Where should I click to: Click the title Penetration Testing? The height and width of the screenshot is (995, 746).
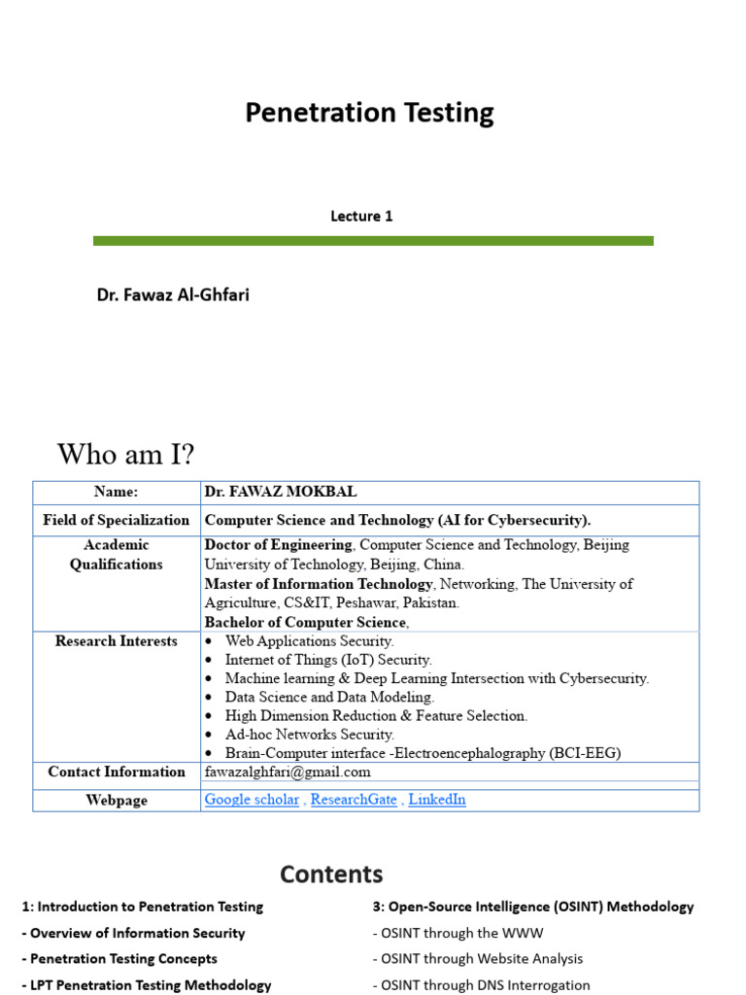(369, 114)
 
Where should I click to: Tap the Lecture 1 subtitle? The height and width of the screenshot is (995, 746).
(361, 216)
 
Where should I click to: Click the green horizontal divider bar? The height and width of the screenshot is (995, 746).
(373, 240)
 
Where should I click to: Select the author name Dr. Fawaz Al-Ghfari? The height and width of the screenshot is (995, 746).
(173, 293)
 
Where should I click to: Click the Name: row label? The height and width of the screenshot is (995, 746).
(117, 493)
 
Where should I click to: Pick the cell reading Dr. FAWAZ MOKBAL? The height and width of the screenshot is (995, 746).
(274, 493)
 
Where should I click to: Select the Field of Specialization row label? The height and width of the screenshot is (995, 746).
(117, 520)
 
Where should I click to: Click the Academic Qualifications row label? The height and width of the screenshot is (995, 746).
(117, 555)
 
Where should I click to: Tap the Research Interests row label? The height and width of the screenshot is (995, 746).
(117, 641)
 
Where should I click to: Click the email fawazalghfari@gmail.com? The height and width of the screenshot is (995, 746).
(288, 772)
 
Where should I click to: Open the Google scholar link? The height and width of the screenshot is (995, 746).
(252, 800)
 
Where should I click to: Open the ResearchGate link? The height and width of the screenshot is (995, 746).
(355, 800)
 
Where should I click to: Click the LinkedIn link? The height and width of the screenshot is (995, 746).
(437, 800)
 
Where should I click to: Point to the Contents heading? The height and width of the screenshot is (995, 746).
(331, 875)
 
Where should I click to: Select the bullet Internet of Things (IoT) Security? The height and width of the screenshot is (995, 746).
(328, 660)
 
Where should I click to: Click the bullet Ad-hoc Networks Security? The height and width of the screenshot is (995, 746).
(310, 735)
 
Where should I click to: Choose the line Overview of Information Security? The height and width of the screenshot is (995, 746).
(133, 933)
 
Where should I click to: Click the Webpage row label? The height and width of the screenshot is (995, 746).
(117, 800)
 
